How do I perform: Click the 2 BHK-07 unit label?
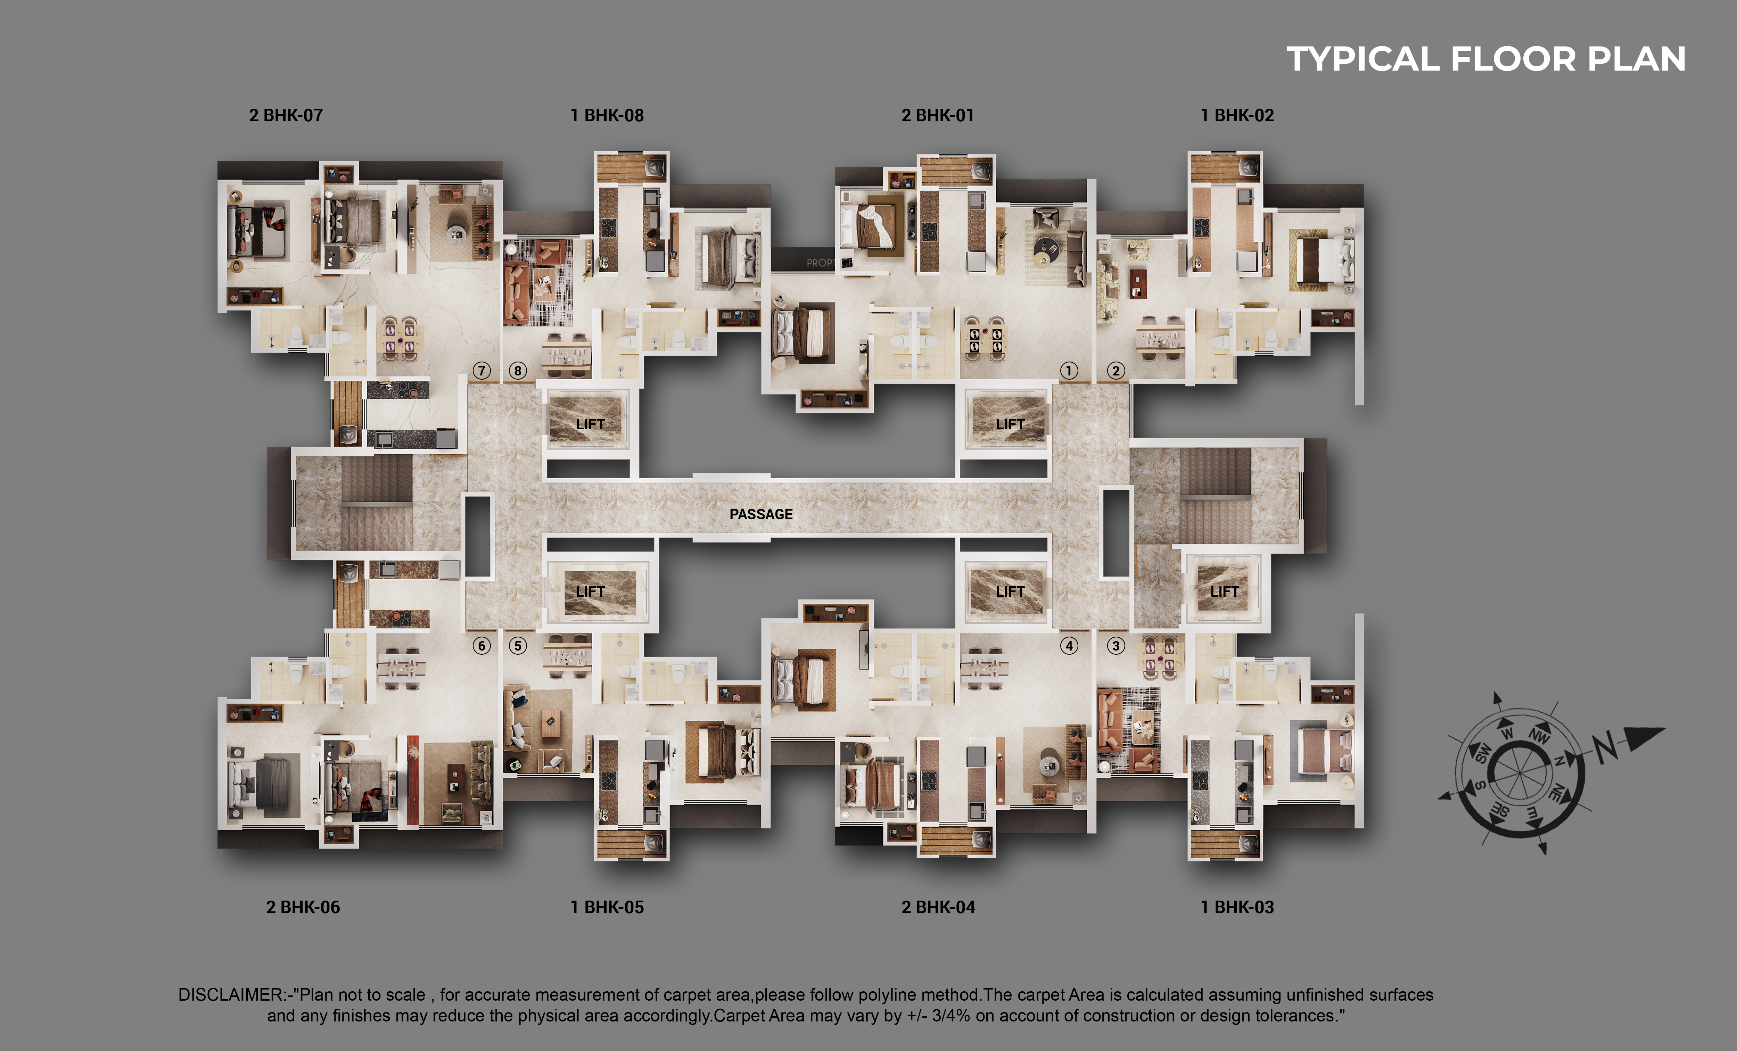point(286,116)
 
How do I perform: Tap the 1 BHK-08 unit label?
point(607,116)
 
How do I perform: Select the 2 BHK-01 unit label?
point(938,116)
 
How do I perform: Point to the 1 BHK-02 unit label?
point(1237,116)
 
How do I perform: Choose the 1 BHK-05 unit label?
point(607,907)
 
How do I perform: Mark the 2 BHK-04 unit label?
point(938,907)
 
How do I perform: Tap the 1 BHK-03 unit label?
point(1237,907)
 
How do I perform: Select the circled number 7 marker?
point(481,371)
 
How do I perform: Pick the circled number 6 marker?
point(481,646)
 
